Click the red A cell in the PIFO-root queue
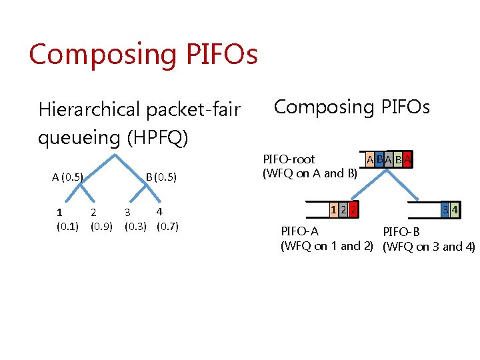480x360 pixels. click(x=407, y=160)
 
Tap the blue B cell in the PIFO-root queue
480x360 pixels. click(x=379, y=160)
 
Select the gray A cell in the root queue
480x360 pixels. click(x=388, y=160)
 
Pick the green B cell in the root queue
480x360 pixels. click(x=397, y=160)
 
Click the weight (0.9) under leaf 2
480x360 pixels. click(x=101, y=225)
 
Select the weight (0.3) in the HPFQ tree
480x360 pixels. click(x=135, y=225)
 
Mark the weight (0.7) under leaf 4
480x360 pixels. click(x=167, y=225)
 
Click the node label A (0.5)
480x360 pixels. click(x=67, y=177)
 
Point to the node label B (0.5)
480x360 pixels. click(x=161, y=177)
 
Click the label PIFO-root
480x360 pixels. click(x=289, y=159)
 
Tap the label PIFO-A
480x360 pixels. click(x=299, y=231)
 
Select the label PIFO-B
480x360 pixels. click(x=401, y=232)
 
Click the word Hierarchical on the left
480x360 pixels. click(x=89, y=109)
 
